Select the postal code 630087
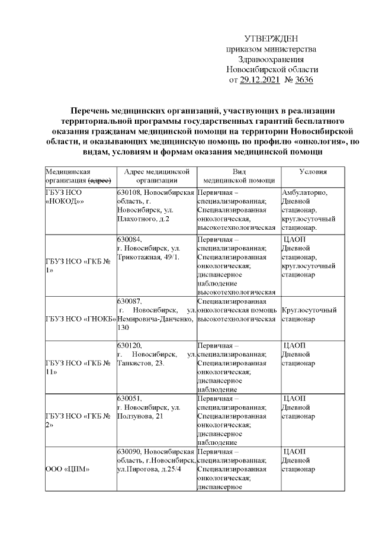coord(130,301)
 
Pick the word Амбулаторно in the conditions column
coord(304,192)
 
